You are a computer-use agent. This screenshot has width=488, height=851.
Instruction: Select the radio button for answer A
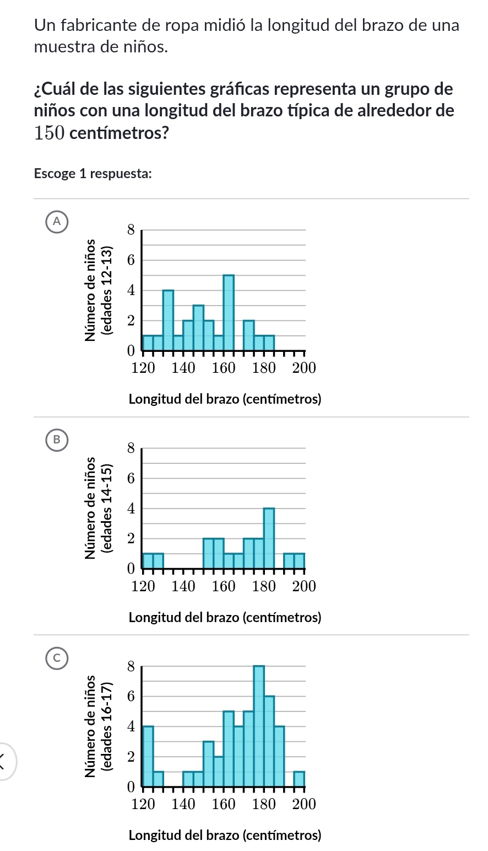[x=54, y=222]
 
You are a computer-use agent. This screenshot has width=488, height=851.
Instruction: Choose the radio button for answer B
[x=54, y=440]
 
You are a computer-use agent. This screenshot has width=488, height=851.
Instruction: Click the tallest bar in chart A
[x=229, y=312]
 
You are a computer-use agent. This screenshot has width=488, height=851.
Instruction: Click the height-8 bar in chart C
[x=259, y=725]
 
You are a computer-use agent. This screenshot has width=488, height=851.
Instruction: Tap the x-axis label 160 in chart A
[x=224, y=368]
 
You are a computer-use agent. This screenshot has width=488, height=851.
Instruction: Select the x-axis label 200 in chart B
[x=303, y=586]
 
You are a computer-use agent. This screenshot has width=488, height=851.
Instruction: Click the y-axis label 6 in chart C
[x=130, y=697]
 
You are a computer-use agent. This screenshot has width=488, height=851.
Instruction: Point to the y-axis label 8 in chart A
[x=130, y=230]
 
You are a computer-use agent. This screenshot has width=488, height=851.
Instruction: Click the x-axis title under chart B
[x=224, y=617]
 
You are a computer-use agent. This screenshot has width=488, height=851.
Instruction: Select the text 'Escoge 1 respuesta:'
[x=93, y=174]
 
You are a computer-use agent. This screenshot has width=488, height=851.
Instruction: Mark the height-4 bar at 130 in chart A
[x=168, y=320]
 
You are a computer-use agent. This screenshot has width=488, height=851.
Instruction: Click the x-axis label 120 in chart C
[x=143, y=804]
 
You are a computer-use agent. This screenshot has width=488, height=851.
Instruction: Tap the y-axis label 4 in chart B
[x=130, y=509]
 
